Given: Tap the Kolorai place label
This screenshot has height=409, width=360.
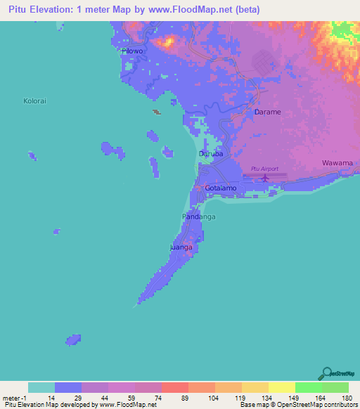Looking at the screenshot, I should click(x=34, y=101).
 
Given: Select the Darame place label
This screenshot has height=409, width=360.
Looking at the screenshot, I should click(x=267, y=112).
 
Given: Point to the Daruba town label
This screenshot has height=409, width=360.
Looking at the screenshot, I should click(x=211, y=153).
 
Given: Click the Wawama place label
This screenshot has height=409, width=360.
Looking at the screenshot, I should click(x=337, y=163).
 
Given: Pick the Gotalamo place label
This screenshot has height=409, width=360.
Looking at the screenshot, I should click(x=222, y=189).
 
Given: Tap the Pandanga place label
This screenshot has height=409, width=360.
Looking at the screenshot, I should click(x=199, y=217).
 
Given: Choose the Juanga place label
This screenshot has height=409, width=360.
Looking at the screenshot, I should click(x=181, y=248).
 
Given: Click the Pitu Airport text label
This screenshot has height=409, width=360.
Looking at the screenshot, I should click(x=264, y=169).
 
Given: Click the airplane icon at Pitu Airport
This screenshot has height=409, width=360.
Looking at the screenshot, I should click(x=265, y=178).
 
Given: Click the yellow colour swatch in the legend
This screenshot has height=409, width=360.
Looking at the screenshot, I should click(x=281, y=387).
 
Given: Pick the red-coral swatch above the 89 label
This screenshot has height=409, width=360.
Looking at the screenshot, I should click(x=174, y=387).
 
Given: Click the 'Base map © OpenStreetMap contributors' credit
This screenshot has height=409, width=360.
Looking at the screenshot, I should click(x=297, y=405).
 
